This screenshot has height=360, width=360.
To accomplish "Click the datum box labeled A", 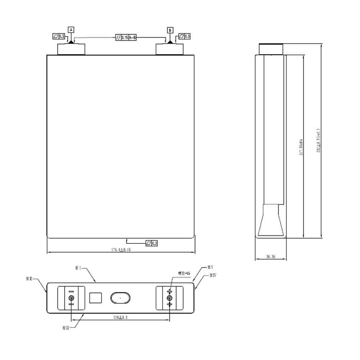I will tap(71, 30).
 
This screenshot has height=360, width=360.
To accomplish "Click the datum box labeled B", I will tap(170, 30).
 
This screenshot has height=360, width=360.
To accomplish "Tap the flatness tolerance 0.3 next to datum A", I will tap(59, 36).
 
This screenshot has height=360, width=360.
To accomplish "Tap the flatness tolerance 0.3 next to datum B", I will tap(184, 36).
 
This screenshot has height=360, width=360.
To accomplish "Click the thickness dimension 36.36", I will tap(271, 257).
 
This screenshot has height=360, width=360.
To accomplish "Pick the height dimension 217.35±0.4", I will tap(301, 147).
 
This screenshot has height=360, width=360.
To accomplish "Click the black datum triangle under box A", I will tap(71, 42).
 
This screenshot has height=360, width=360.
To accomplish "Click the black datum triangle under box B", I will tap(170, 42).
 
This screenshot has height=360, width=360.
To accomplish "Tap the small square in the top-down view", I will tap(95, 298).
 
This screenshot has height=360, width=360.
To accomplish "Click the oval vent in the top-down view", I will tap(120, 298).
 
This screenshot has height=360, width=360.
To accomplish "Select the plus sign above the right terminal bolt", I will tap(169, 291).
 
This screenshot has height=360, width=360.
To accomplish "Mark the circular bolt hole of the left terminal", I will tap(71, 298).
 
